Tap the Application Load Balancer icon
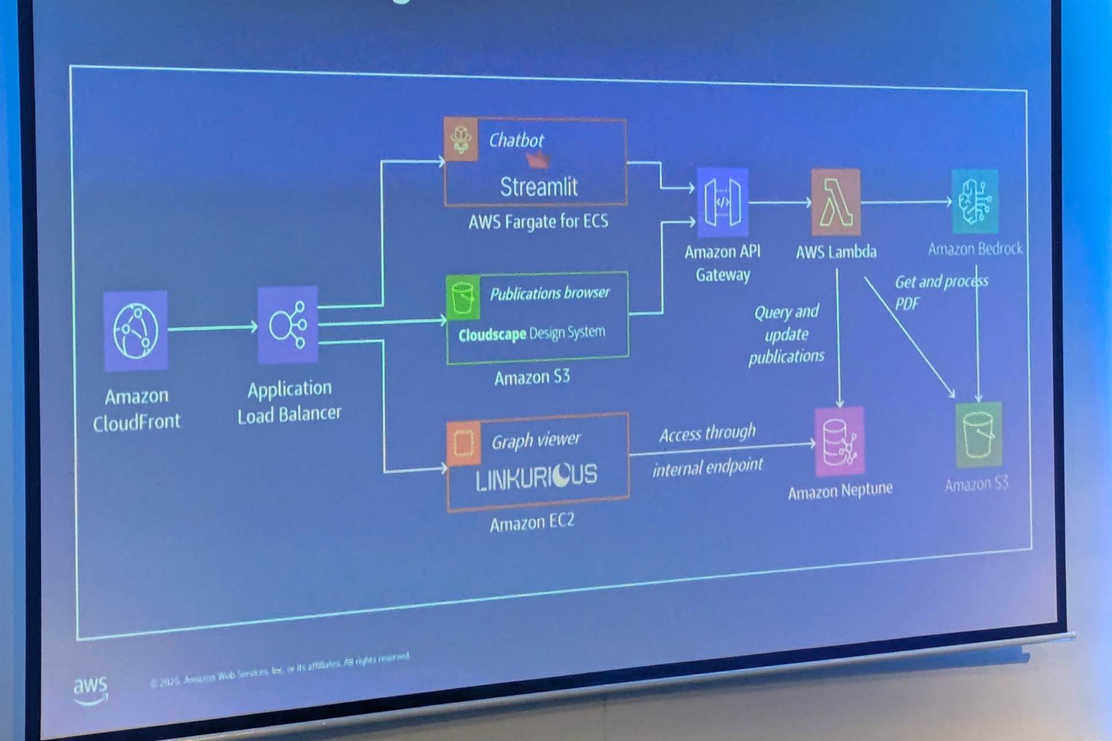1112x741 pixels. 288,324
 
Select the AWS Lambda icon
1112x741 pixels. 835,202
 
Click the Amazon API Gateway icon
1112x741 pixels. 722,202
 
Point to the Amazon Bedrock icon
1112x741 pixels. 975,201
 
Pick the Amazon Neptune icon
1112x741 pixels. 839,441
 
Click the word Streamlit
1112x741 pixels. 539,187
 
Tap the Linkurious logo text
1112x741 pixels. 536,476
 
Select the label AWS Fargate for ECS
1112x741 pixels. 538,222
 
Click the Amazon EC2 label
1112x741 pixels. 532,522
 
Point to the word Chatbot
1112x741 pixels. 516,140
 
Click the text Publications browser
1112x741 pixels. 550,294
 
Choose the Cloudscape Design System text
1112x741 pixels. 532,333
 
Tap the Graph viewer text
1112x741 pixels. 536,441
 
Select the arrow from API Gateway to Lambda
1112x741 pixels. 780,202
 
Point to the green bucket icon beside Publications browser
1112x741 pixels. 463,298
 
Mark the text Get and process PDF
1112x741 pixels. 941,292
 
